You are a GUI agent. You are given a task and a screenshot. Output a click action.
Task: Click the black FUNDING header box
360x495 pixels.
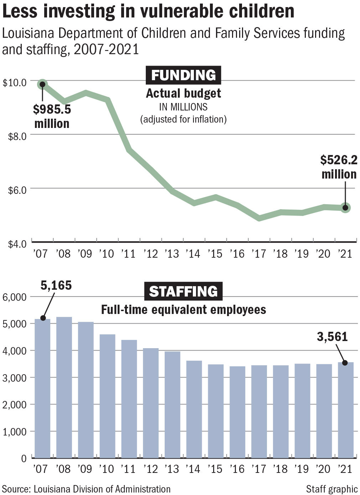[183, 75]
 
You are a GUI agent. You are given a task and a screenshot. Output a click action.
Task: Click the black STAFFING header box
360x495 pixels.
[183, 291]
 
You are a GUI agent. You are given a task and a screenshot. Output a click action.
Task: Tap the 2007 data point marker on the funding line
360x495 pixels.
[42, 84]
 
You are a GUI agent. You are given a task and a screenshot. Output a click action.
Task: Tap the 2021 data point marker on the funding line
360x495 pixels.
[345, 208]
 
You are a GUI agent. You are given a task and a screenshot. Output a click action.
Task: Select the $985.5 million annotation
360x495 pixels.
[52, 116]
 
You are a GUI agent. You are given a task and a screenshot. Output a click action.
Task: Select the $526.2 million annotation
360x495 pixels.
[339, 167]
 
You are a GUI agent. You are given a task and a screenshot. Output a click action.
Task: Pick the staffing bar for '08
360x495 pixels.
[64, 387]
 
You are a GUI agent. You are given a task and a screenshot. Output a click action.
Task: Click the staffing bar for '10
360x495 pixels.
[107, 396]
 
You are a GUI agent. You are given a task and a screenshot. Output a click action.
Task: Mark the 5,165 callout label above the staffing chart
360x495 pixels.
[56, 285]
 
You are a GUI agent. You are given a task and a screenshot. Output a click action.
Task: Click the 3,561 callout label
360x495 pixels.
[332, 337]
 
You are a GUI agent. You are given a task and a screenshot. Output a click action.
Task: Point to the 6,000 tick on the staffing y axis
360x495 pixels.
[14, 297]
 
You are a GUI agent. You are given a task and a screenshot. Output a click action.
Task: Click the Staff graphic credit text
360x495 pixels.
[331, 489]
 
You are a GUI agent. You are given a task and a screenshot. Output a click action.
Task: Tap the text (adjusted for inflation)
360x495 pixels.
[183, 119]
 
